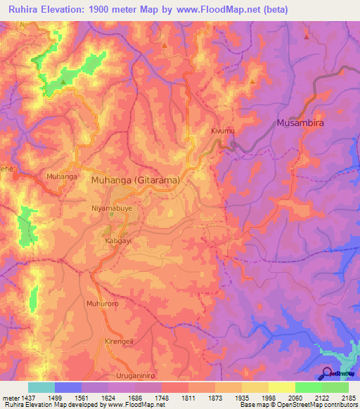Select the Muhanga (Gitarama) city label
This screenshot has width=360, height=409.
click(136, 180)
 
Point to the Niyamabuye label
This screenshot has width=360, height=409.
click(108, 209)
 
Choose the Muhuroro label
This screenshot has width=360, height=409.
click(99, 304)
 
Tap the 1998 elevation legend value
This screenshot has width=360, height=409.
click(268, 397)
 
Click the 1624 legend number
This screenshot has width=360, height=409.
click(108, 397)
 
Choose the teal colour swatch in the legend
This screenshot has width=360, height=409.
click(41, 387)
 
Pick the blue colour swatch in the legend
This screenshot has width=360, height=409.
click(68, 387)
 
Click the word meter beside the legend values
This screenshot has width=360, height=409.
click(11, 397)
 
